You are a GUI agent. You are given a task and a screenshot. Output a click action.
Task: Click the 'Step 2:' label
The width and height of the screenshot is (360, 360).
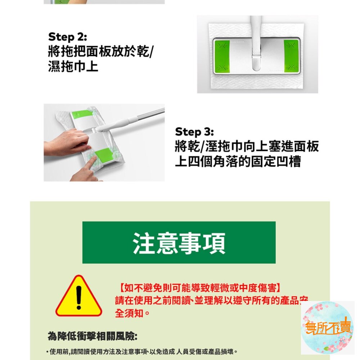[x=68, y=37]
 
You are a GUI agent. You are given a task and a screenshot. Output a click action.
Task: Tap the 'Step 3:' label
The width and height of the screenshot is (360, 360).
[x=194, y=132]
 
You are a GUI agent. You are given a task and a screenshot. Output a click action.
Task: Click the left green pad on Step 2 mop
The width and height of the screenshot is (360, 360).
[x=222, y=56]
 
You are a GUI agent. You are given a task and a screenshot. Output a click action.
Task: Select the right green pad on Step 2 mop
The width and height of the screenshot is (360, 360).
[x=291, y=56]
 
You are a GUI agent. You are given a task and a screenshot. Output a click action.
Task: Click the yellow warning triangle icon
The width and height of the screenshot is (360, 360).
[x=79, y=296]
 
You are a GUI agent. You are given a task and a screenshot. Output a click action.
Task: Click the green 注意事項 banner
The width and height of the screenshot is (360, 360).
[x=179, y=242]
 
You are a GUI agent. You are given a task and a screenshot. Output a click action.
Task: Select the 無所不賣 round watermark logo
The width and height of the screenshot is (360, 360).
[x=327, y=327]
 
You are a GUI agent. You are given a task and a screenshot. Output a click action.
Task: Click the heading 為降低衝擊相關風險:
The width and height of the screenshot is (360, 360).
[x=93, y=337]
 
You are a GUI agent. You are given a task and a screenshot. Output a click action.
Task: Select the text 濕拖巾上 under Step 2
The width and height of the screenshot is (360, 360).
[x=73, y=66]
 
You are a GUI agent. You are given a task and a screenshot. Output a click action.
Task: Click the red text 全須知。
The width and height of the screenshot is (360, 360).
[x=132, y=313]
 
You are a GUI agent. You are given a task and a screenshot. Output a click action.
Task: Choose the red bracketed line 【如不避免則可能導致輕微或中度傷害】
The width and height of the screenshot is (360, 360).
[x=200, y=288]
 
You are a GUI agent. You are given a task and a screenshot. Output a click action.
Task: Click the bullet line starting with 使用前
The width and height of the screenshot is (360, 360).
[x=141, y=351]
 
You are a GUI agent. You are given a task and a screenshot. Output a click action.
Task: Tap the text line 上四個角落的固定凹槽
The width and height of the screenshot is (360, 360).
[x=238, y=161]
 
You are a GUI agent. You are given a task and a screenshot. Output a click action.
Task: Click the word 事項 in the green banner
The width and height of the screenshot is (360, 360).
[x=202, y=243]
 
